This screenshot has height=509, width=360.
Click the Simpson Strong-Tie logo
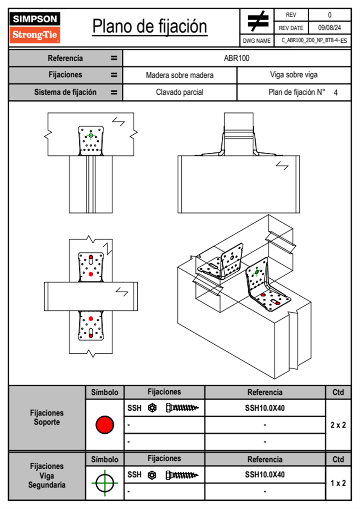(35, 27)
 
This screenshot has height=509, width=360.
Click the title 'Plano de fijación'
(150, 27)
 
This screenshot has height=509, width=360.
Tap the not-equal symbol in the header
(257, 21)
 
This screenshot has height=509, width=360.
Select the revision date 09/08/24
(329, 28)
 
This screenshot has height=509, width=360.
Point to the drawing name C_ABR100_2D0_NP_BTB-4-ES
(314, 41)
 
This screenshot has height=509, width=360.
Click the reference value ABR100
(237, 58)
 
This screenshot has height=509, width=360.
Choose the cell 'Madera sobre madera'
(179, 75)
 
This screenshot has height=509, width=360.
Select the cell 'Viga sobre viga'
(293, 75)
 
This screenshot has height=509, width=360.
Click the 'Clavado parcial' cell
(179, 92)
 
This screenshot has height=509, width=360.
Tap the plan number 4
(335, 93)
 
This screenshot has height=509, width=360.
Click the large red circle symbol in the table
(105, 425)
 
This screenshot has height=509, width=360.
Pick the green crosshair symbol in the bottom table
(105, 483)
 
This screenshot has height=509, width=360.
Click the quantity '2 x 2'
(338, 425)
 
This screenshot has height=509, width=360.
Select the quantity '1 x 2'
(338, 483)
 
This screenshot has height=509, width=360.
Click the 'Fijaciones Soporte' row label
(47, 417)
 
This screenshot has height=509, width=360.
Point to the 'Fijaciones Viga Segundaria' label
(47, 475)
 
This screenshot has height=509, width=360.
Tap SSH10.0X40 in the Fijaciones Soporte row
(265, 408)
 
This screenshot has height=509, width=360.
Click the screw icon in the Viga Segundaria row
(182, 475)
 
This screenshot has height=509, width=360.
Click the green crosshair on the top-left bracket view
(91, 135)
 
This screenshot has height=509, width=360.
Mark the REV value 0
(329, 15)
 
